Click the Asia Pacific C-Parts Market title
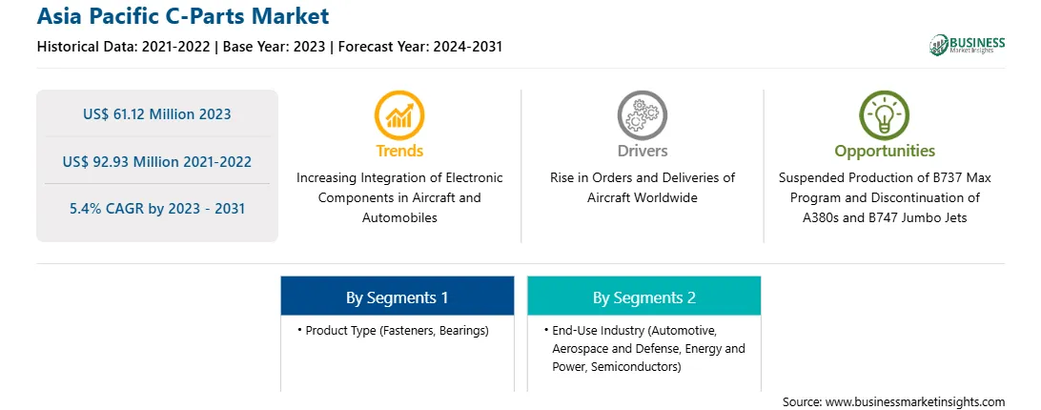click(183, 16)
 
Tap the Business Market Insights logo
click(967, 45)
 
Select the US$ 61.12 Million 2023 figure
click(157, 113)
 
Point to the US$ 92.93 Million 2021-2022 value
click(157, 161)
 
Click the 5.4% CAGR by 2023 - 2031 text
click(157, 208)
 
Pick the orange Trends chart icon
click(399, 115)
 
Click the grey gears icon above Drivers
click(642, 115)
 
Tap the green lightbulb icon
click(885, 115)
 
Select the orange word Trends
click(399, 151)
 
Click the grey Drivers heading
click(642, 151)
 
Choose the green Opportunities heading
click(885, 151)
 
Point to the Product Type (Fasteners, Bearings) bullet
click(393, 330)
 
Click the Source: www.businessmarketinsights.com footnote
click(893, 401)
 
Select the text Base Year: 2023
click(274, 47)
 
